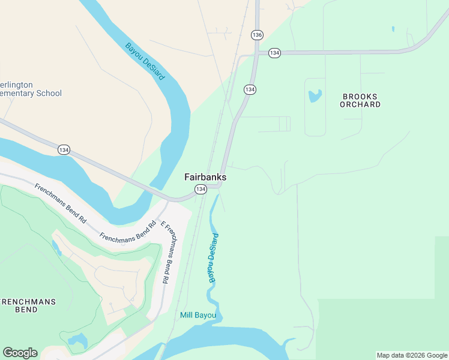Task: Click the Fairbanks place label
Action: point(205,178)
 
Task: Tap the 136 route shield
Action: point(258,35)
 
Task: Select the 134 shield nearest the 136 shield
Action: point(274,53)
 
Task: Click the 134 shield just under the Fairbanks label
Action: point(200,189)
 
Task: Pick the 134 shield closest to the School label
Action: point(64,149)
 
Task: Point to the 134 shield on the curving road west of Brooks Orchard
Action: point(250,89)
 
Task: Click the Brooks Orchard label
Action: point(360,100)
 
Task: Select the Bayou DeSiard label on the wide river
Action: point(145,62)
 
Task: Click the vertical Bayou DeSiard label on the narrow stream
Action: point(212,258)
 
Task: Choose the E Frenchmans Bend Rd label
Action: point(170,252)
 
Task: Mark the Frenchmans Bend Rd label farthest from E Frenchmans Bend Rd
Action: point(61,204)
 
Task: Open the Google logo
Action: point(20,353)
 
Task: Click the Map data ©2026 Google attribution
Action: point(412,355)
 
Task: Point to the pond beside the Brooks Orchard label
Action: point(315,95)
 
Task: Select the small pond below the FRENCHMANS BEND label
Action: point(77,343)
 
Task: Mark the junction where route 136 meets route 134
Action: point(257,53)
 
